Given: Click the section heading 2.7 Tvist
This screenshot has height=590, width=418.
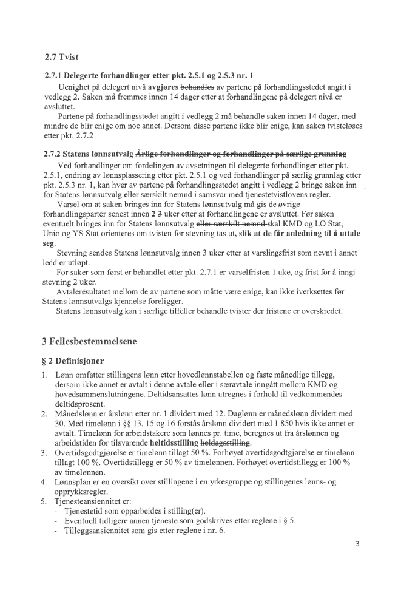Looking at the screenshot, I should coord(62,58).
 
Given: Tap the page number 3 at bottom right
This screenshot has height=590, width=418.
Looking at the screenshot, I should coord(359,543).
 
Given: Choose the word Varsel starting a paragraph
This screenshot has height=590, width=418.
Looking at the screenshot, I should coord(68,205).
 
